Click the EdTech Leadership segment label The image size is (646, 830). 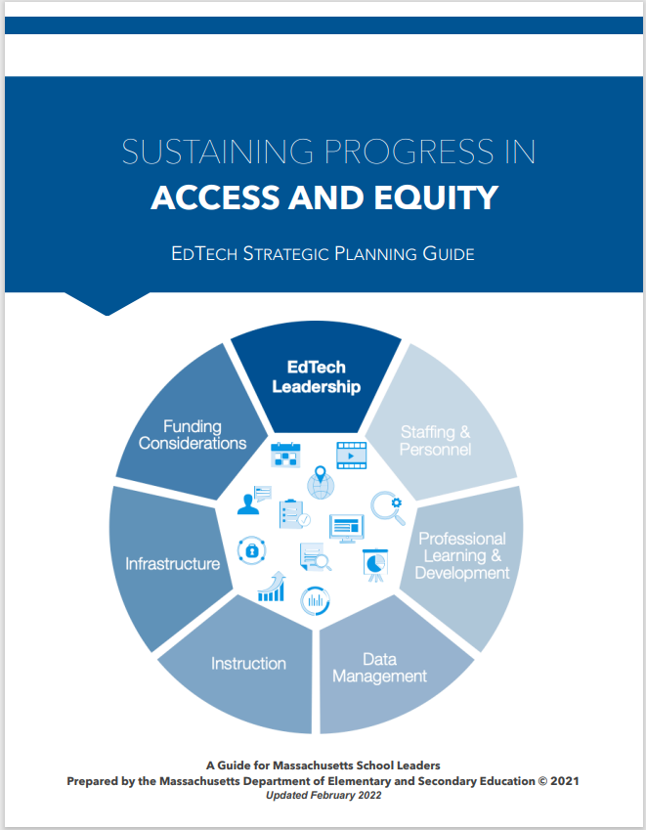(316, 377)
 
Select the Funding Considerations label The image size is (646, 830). (193, 435)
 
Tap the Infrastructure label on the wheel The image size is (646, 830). (172, 563)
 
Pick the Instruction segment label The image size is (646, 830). (248, 663)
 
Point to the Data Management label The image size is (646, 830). (379, 668)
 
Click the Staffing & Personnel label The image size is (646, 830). (435, 440)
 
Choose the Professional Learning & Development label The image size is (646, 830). (462, 555)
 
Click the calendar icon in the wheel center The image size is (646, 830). (285, 455)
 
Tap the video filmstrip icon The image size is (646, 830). (350, 454)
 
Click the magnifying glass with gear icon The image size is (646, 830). (387, 507)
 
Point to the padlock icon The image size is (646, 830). (251, 549)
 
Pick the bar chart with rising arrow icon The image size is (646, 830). (272, 587)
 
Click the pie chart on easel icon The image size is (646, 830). (374, 564)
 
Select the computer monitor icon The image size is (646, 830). (346, 528)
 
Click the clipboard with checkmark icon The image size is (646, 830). (293, 513)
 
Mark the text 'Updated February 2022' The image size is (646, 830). (323, 795)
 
